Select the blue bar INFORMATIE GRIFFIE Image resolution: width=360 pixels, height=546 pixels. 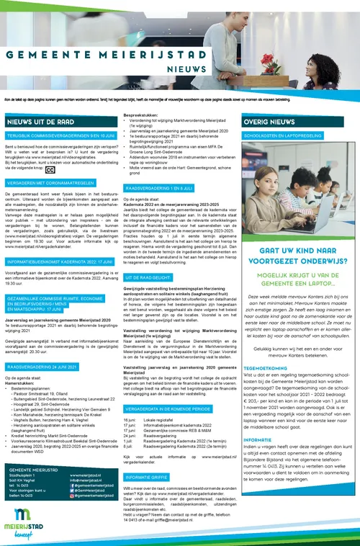coord(148,477)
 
